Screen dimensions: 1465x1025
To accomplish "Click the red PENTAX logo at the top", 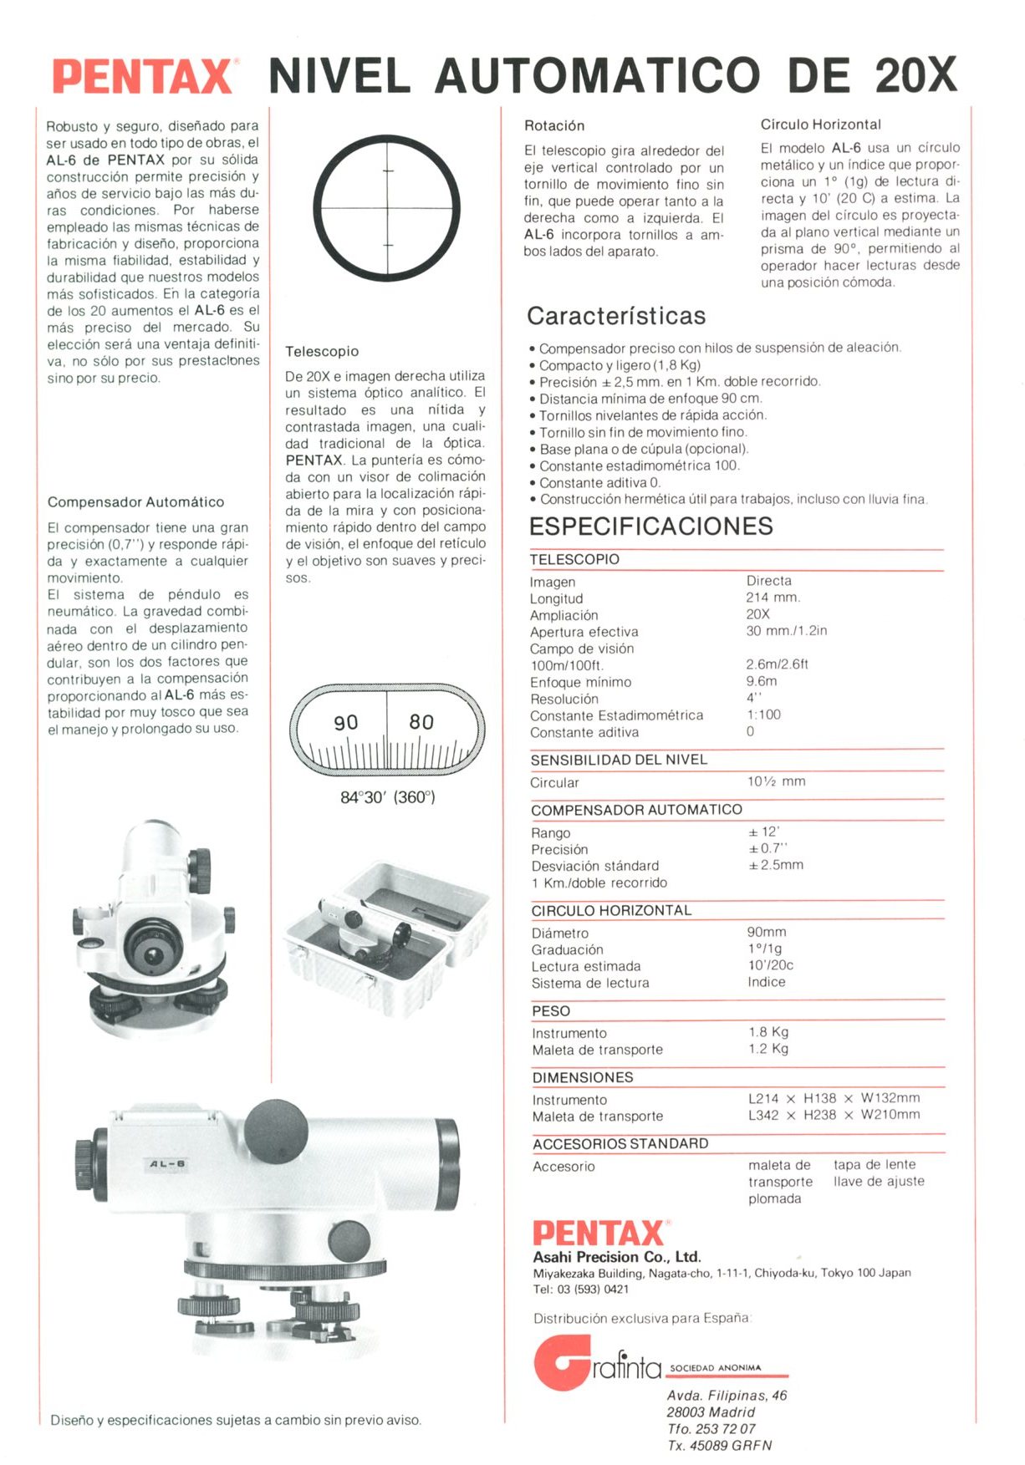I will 142,76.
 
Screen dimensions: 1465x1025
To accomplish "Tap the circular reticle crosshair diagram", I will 387,207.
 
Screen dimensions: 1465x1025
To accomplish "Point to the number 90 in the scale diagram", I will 345,723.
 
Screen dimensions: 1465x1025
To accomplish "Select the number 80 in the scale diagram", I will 421,722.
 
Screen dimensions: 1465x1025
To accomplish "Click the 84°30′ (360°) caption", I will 387,797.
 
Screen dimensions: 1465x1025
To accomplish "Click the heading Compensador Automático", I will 135,502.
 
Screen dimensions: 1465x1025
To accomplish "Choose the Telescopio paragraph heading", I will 322,352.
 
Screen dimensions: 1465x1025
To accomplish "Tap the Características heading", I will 616,316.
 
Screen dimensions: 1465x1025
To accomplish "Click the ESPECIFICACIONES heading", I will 650,526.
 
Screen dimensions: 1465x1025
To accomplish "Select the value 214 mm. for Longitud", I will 773,598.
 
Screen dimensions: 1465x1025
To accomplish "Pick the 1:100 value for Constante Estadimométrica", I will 763,715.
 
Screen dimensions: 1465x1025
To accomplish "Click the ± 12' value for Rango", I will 763,832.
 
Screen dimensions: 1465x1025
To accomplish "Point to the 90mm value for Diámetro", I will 767,932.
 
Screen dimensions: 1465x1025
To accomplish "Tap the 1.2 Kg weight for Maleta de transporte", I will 768,1049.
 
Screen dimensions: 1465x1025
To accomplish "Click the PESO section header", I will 551,1011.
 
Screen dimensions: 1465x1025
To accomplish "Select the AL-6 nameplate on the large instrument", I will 167,1164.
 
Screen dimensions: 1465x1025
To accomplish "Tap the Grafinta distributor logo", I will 597,1365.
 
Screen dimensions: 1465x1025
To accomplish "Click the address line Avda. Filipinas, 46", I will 727,1396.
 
